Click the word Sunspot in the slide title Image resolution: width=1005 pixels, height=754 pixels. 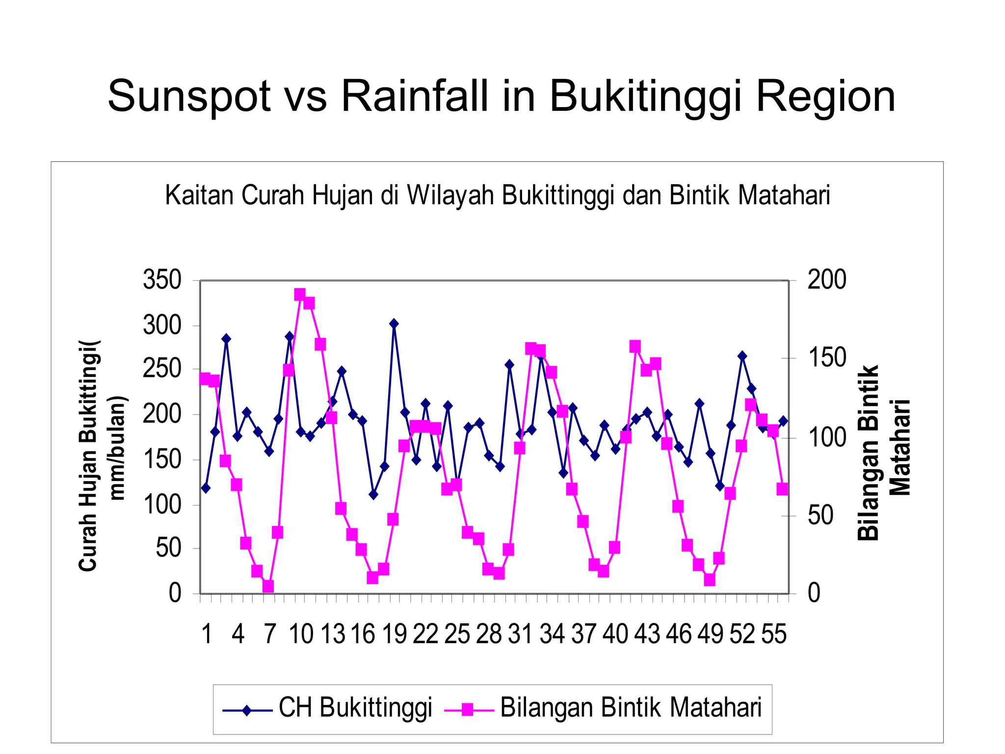pyautogui.click(x=189, y=97)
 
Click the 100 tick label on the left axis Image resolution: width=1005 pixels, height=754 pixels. pyautogui.click(x=162, y=505)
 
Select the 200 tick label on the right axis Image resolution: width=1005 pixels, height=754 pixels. pyautogui.click(x=827, y=280)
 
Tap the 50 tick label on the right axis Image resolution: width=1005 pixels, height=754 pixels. pyautogui.click(x=820, y=515)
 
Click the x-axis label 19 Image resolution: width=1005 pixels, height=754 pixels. pyautogui.click(x=395, y=634)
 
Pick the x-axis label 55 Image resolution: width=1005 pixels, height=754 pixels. pyautogui.click(x=774, y=634)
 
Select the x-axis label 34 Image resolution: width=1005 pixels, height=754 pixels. pyautogui.click(x=552, y=634)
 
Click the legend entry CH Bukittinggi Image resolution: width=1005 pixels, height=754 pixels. pyautogui.click(x=355, y=708)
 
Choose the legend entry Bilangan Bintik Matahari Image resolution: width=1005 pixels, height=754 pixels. pyautogui.click(x=631, y=708)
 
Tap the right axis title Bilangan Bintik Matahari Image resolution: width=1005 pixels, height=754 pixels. pyautogui.click(x=883, y=453)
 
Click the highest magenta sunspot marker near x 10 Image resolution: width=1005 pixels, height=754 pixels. pyautogui.click(x=300, y=295)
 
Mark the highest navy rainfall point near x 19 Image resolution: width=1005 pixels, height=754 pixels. pyautogui.click(x=394, y=323)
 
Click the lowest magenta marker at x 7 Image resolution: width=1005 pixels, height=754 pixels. pyautogui.click(x=268, y=587)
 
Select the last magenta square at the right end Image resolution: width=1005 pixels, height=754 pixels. pyautogui.click(x=782, y=489)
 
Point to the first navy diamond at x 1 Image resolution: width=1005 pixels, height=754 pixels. pyautogui.click(x=206, y=488)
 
